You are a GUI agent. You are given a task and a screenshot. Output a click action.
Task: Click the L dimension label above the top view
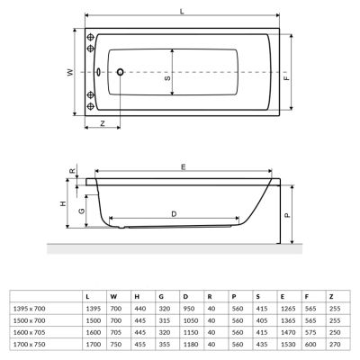(x=183, y=10)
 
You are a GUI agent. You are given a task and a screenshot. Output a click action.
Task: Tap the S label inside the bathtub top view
(x=168, y=79)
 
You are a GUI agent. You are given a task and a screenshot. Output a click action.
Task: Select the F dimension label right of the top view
(x=287, y=78)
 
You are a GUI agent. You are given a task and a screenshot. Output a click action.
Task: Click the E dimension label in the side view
(x=183, y=167)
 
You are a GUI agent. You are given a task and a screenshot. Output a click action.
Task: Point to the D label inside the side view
(x=173, y=212)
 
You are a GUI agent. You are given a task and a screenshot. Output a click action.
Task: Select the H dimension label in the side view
(x=64, y=205)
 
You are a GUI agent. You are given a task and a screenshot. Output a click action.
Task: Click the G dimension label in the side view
(x=82, y=211)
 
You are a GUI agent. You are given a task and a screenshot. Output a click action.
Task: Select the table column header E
(x=283, y=296)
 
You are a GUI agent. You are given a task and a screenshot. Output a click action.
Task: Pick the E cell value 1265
(x=283, y=309)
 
